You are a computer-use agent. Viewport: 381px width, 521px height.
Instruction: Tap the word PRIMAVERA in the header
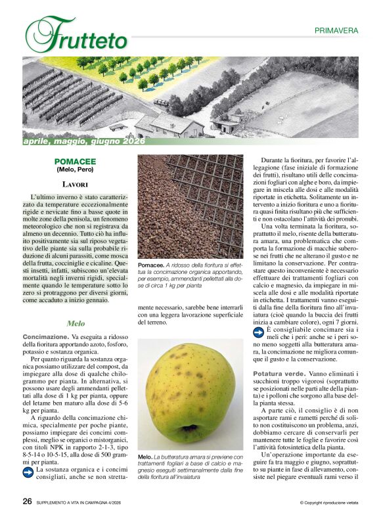(336, 30)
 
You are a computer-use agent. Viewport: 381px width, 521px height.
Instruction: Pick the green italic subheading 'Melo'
(76, 324)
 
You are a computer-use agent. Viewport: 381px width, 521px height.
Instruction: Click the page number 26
(28, 501)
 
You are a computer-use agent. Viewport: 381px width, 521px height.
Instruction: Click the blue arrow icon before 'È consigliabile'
(257, 332)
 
